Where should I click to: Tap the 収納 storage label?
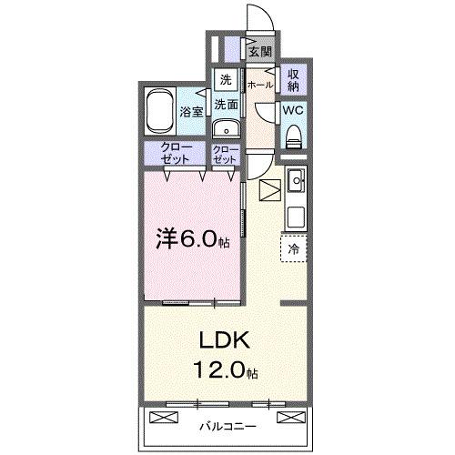(295, 80)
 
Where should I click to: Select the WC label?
(294, 109)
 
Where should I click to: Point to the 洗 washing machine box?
(226, 80)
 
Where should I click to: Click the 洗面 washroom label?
(226, 105)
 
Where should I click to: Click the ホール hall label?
(258, 84)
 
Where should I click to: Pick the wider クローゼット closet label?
(177, 153)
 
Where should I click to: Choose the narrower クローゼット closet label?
(225, 153)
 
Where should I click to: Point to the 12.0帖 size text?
(223, 372)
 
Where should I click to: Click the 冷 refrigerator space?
(294, 248)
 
